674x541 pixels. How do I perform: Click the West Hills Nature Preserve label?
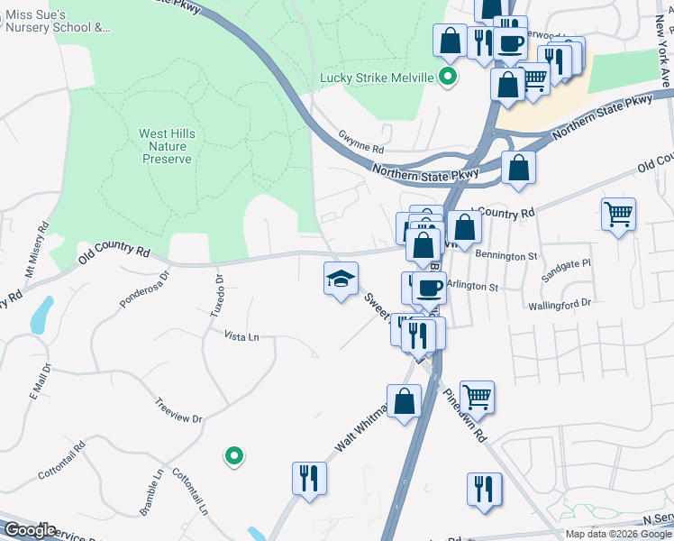[167, 146]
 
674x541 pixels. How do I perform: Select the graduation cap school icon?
[341, 280]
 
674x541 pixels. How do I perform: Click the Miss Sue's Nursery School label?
[58, 21]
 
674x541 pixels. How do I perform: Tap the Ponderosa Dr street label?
[145, 290]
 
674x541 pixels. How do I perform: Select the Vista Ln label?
[241, 336]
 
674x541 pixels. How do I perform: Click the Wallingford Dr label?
[560, 305]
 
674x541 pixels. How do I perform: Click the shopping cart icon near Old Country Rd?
[618, 215]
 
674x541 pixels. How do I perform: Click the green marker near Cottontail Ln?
[234, 456]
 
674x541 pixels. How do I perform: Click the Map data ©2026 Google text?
[618, 534]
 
